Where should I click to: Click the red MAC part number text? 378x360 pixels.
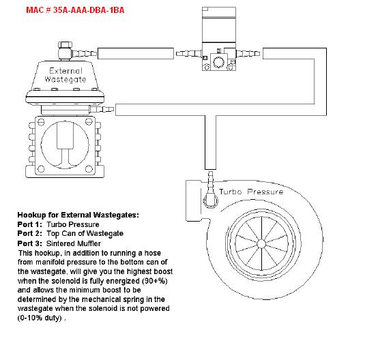pos(75,10)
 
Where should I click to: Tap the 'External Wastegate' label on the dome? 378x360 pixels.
pos(66,75)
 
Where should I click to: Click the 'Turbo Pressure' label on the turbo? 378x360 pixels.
pos(251,192)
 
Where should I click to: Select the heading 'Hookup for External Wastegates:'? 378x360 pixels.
pos(78,215)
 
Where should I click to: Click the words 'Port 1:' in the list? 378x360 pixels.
pos(29,224)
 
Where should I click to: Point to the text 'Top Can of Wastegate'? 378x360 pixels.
pos(85,233)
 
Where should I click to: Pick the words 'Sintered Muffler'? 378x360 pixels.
pos(73,243)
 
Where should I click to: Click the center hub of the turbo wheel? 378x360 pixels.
pos(261,244)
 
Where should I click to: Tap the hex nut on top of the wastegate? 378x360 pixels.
pos(65,45)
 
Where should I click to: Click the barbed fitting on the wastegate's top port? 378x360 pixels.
pos(85,53)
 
